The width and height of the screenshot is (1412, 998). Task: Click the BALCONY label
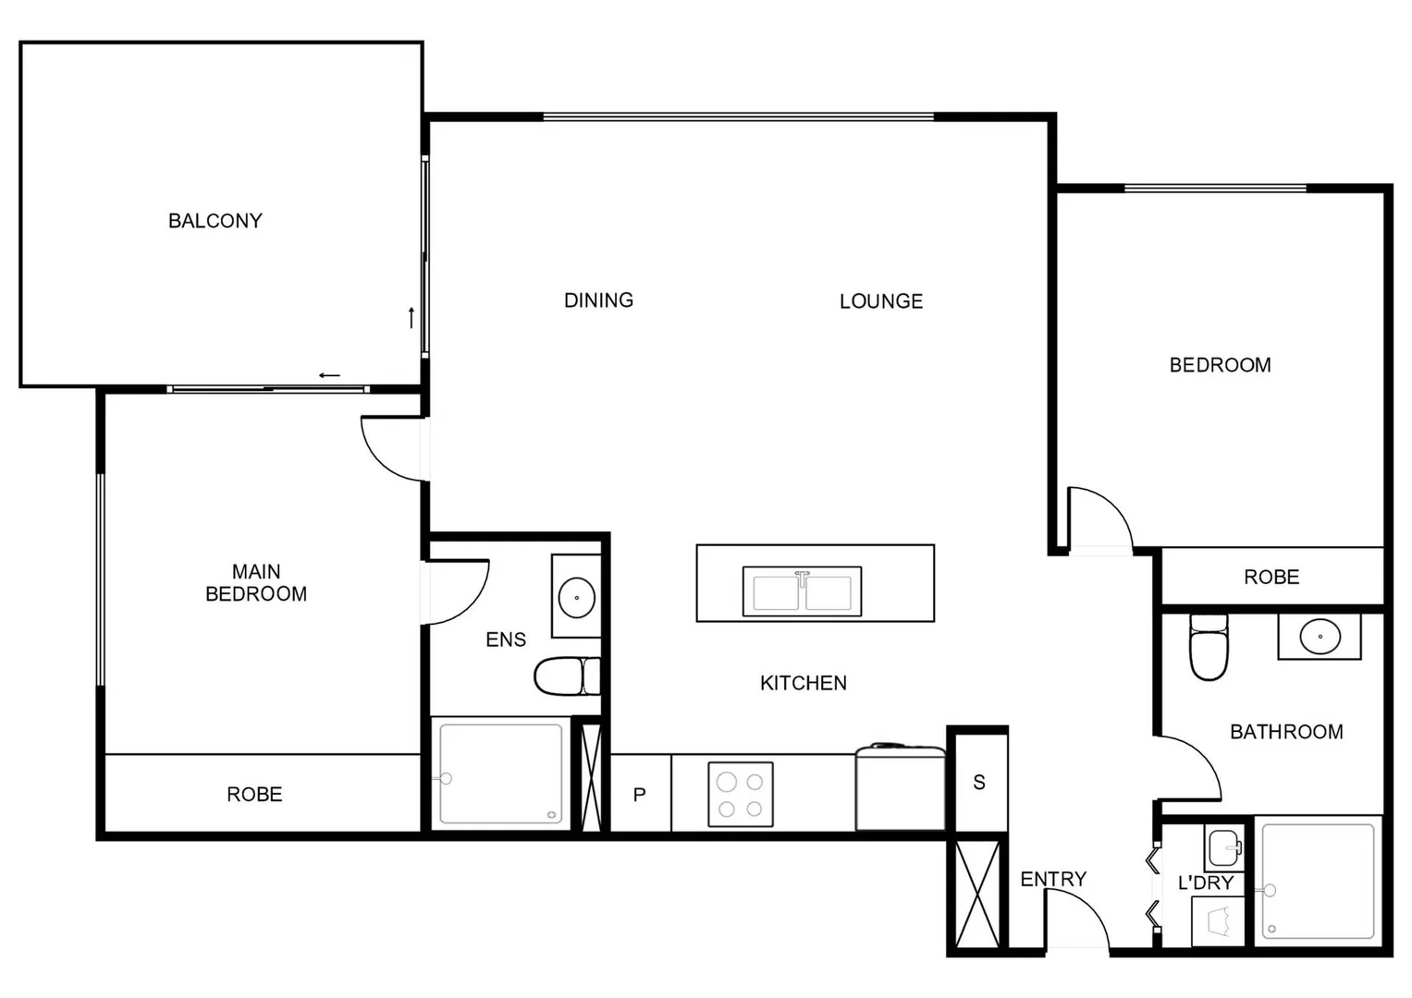[x=215, y=221]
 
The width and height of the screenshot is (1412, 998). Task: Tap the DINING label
[x=598, y=300]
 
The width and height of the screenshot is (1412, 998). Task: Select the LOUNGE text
[x=880, y=301]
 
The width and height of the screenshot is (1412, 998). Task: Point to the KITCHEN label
[x=803, y=683]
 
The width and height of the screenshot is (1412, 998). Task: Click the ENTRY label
[x=1052, y=879]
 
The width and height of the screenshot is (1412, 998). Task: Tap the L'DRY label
[x=1205, y=883]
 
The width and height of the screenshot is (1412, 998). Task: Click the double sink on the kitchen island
[x=802, y=591]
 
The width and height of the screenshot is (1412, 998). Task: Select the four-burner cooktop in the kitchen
[x=740, y=795]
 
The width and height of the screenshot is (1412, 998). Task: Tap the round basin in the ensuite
[x=576, y=597]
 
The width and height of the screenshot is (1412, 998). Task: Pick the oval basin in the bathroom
[x=1319, y=637]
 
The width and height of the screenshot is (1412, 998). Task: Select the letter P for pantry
[x=639, y=795]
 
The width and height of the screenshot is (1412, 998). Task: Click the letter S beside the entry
[x=978, y=783]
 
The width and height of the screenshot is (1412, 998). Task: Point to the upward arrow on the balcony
[x=411, y=317]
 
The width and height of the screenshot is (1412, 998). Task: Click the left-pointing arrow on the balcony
[x=329, y=375]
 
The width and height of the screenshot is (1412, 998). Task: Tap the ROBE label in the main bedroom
[x=254, y=794]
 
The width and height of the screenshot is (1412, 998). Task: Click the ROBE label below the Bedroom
[x=1271, y=578]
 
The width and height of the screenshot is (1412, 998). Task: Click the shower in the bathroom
[x=1319, y=881]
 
